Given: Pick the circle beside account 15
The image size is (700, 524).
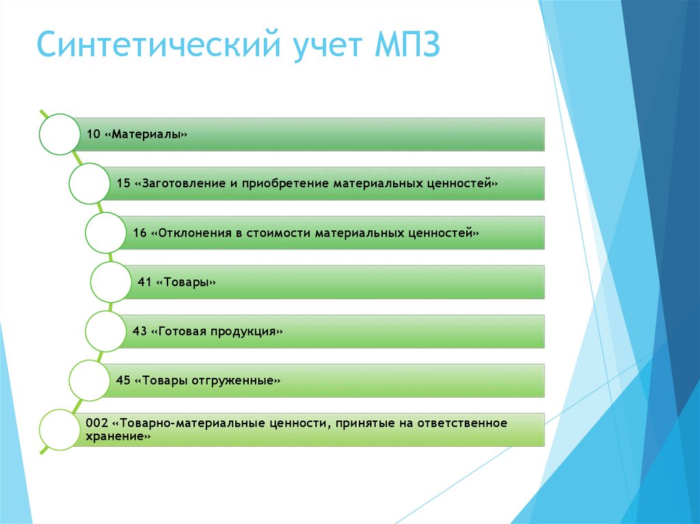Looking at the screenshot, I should tap(89, 184).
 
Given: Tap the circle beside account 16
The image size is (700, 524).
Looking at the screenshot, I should tap(105, 233).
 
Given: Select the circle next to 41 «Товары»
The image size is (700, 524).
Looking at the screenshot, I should tap(110, 282).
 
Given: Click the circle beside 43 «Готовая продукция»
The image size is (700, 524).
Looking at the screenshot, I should tap(105, 331).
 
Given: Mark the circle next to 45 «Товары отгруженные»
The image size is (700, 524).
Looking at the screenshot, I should tap(89, 381).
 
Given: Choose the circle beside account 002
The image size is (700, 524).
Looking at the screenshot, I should tap(60, 430).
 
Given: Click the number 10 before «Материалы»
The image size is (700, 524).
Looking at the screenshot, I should tap(93, 135).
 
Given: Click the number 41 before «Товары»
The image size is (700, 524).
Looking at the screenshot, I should tap(144, 282).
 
